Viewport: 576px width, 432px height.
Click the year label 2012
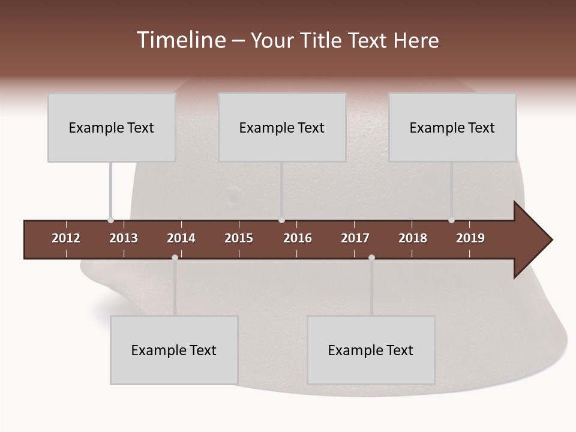[x=66, y=238]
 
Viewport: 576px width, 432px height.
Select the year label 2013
[x=124, y=238]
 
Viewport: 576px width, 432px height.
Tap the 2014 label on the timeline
[x=181, y=238]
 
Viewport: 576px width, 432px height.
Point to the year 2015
[x=239, y=238]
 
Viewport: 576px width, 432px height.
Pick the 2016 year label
[x=298, y=238]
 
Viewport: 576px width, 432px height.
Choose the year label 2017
[x=355, y=238]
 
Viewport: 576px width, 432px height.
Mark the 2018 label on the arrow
[x=413, y=238]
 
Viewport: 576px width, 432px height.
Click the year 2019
[x=470, y=238]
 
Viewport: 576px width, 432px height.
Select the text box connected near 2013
[x=112, y=127]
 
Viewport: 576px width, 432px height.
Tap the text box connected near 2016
[x=282, y=127]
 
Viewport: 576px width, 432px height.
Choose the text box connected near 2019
[x=452, y=127]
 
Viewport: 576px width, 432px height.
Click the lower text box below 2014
[x=174, y=350]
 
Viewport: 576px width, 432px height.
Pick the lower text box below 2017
[x=371, y=350]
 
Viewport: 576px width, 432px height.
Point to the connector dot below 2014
[x=175, y=257]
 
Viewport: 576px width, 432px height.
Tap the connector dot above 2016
[x=282, y=220]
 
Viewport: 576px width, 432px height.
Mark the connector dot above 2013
[x=110, y=220]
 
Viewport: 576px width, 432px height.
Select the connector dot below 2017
[x=371, y=257]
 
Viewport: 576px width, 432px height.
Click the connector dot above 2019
[x=451, y=220]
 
